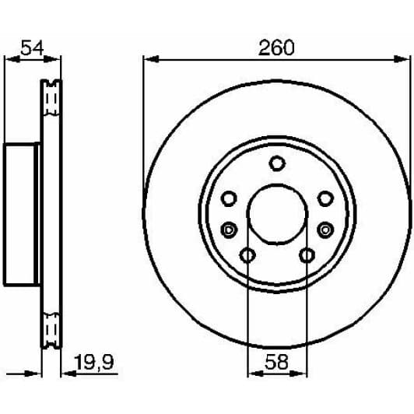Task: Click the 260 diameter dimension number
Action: point(276,48)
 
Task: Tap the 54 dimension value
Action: point(32,48)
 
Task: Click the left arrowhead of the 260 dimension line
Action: point(149,60)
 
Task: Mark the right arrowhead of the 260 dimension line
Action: point(405,60)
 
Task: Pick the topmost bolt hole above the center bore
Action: point(277,163)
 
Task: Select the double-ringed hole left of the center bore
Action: point(229,229)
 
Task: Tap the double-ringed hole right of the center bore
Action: point(325,229)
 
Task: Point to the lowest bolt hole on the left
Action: point(247,255)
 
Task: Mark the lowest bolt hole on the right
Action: point(307,255)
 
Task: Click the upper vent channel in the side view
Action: point(52,100)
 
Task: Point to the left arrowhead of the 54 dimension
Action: point(9,60)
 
